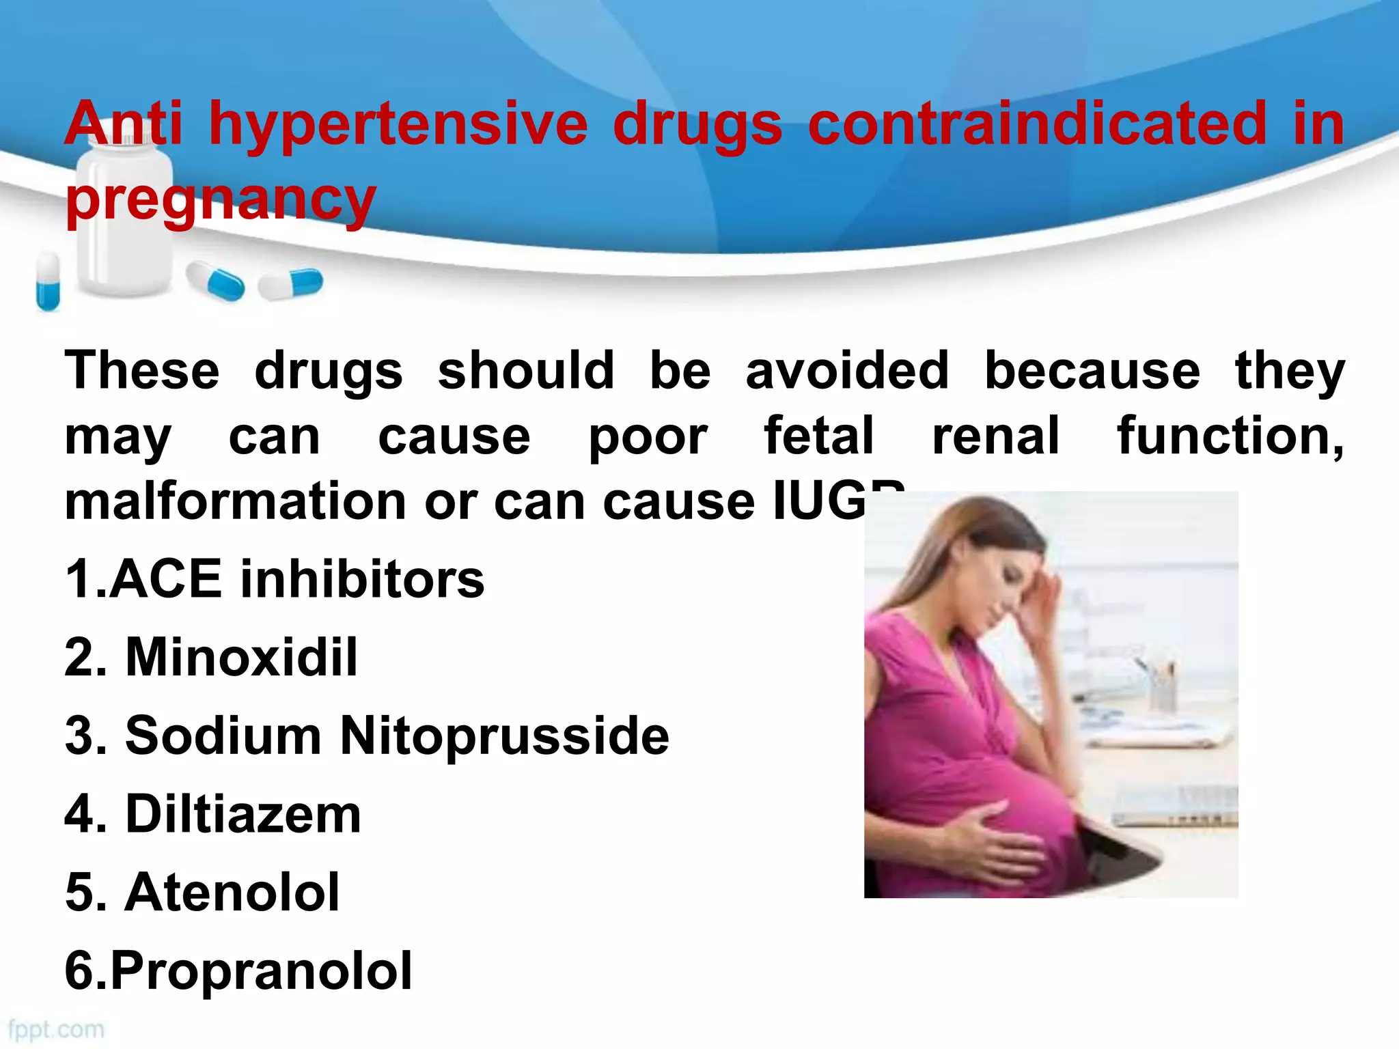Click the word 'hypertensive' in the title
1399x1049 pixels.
pyautogui.click(x=398, y=124)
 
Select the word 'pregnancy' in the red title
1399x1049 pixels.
pyautogui.click(x=221, y=199)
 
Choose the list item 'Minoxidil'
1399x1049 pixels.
pyautogui.click(x=241, y=657)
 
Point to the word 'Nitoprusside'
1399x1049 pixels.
pyautogui.click(x=504, y=736)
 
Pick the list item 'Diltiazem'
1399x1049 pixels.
pyautogui.click(x=243, y=814)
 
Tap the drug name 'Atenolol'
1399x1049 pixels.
pyautogui.click(x=232, y=892)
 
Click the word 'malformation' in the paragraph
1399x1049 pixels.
pyautogui.click(x=235, y=502)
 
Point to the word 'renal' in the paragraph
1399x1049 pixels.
pyautogui.click(x=995, y=436)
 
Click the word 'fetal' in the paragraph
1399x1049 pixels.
pyautogui.click(x=818, y=436)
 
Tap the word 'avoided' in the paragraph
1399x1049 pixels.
pyautogui.click(x=846, y=371)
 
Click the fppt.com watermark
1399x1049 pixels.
pyautogui.click(x=56, y=1029)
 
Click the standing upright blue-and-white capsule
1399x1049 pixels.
pyautogui.click(x=48, y=281)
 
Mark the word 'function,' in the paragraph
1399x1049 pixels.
pyautogui.click(x=1230, y=436)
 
